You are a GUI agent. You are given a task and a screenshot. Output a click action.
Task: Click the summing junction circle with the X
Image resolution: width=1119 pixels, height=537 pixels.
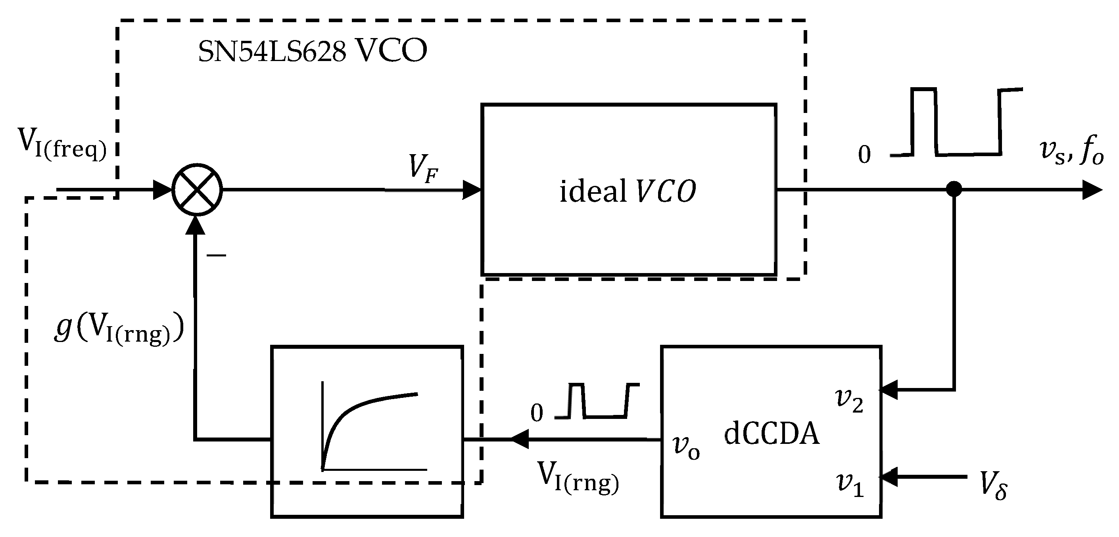click(x=197, y=190)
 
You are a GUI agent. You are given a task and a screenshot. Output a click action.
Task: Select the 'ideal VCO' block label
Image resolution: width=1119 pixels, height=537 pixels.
click(x=628, y=191)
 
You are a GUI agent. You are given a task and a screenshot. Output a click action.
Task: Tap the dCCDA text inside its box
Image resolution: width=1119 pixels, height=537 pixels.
click(x=772, y=434)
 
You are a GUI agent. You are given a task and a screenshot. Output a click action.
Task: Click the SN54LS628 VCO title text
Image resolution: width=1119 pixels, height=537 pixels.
click(x=312, y=52)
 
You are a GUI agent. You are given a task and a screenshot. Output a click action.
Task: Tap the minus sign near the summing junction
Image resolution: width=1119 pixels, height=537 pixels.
click(x=216, y=255)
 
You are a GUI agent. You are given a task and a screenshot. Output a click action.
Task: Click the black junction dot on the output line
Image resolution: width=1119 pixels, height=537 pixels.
click(x=954, y=189)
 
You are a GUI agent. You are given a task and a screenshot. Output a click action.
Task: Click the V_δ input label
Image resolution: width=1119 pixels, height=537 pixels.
click(x=994, y=487)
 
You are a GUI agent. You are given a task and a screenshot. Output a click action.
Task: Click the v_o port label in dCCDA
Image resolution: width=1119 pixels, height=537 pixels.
click(x=686, y=447)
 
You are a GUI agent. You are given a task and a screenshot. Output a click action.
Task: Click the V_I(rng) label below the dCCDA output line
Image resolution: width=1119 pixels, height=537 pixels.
click(x=578, y=477)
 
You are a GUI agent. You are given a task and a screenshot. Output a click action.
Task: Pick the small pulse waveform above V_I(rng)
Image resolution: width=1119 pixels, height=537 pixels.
click(x=597, y=401)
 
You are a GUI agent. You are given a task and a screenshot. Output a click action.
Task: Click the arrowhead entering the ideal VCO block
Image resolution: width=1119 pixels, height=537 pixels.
click(x=471, y=190)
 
